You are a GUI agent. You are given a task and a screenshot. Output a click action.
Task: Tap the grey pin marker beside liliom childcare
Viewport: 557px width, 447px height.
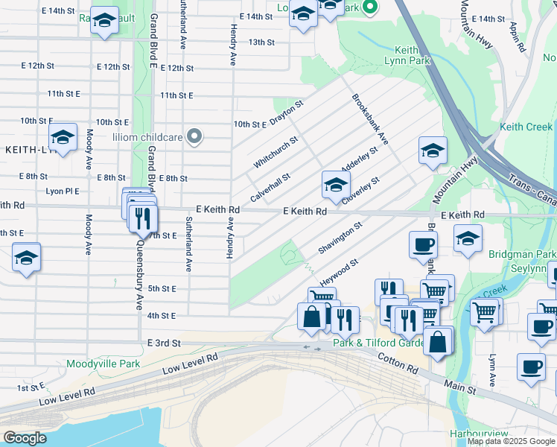coord(194,136)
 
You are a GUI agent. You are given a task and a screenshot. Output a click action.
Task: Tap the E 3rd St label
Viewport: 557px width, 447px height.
coord(165,342)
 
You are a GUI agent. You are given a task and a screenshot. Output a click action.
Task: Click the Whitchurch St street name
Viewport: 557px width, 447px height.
coord(276,151)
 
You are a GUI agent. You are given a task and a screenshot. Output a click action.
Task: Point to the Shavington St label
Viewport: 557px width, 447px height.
coord(340,238)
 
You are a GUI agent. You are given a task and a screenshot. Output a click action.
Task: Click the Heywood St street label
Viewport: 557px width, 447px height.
coord(339,273)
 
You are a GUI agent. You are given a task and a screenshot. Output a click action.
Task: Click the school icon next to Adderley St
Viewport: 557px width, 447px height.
coord(336,184)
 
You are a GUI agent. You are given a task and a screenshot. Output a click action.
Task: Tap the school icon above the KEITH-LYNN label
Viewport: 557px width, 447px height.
coord(63,136)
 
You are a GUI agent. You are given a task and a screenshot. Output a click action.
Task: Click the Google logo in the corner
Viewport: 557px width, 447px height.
coord(24,438)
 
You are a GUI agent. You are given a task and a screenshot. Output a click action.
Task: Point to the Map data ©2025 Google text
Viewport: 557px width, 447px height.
coord(511,441)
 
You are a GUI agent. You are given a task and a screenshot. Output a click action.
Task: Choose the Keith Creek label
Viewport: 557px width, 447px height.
coord(526,127)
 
